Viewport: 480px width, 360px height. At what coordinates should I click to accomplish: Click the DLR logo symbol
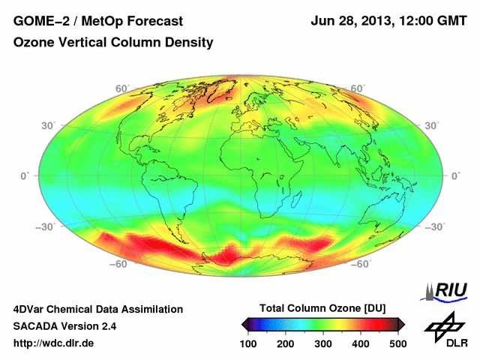(x=444, y=325)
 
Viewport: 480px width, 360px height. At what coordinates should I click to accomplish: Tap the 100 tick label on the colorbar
(x=249, y=343)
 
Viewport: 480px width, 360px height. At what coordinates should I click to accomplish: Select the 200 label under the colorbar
(x=286, y=343)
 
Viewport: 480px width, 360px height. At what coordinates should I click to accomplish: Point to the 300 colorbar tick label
(x=323, y=343)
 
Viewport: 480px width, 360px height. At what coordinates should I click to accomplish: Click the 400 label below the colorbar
(x=360, y=343)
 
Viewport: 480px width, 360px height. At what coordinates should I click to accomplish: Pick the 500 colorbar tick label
(x=397, y=343)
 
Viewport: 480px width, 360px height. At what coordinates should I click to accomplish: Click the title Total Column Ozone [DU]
(x=322, y=308)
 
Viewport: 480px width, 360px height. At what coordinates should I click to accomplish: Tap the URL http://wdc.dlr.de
(x=54, y=343)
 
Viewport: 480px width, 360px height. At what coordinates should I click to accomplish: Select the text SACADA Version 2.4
(x=64, y=326)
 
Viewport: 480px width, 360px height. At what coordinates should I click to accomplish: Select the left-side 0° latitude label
(x=25, y=175)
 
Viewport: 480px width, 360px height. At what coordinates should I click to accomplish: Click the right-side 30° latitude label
(x=430, y=125)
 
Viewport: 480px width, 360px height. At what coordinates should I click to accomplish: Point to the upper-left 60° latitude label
(x=121, y=88)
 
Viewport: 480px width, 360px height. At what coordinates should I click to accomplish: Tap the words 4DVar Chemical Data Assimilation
(x=97, y=309)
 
